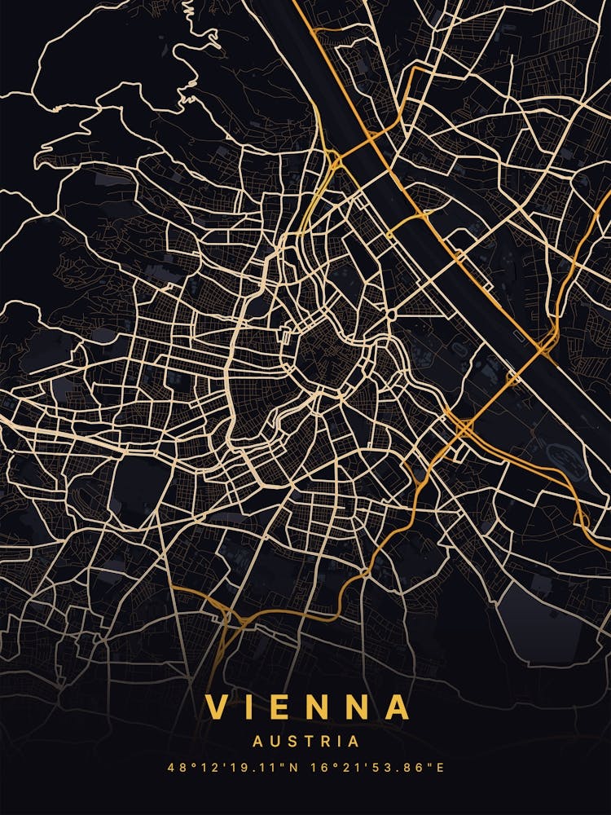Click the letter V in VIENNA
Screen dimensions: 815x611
click(216, 707)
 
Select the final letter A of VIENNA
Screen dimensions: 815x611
click(398, 707)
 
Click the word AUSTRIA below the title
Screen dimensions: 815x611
click(305, 742)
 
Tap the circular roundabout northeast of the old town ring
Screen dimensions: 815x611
click(392, 315)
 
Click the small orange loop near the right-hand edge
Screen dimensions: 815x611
click(582, 519)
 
